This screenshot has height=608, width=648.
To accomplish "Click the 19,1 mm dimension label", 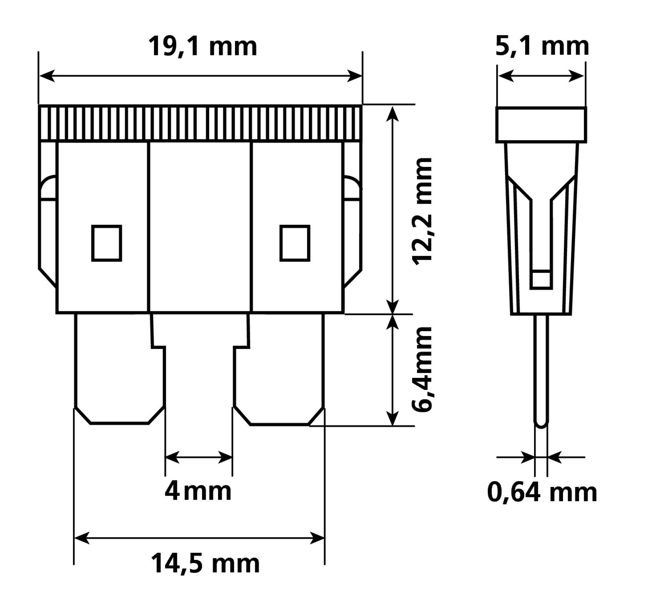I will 202,47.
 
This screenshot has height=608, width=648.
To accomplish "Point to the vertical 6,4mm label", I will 422,370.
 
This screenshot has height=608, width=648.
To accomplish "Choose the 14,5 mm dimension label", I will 205,564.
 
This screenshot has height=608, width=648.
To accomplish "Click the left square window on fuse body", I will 107,243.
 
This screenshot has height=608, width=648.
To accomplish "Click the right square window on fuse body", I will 295,243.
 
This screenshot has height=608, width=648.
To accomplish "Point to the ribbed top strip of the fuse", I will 200,123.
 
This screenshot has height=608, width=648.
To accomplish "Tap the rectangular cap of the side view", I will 541,125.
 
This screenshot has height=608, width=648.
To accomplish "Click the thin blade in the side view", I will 541,368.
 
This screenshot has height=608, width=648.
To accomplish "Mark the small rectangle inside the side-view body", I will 541,279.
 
